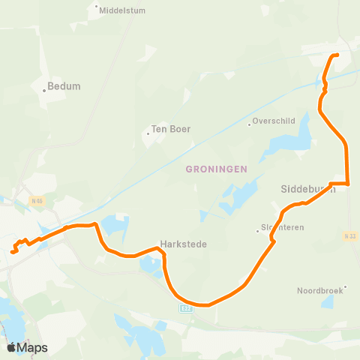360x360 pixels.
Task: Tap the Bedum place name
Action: click(x=64, y=86)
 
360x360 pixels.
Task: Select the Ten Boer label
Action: click(x=171, y=129)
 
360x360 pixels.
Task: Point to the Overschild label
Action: click(x=274, y=121)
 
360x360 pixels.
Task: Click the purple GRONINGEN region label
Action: click(x=216, y=170)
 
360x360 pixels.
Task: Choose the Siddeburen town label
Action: click(x=307, y=189)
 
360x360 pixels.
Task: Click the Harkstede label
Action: click(x=183, y=244)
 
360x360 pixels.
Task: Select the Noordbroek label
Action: click(x=319, y=290)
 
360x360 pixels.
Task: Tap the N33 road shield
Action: click(x=349, y=236)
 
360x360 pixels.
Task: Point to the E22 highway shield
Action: click(x=186, y=307)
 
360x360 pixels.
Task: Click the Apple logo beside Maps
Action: click(x=11, y=347)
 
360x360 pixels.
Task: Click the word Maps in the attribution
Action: click(x=32, y=347)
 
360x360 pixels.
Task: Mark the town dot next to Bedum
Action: click(x=44, y=91)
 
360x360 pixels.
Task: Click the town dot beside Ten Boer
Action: click(x=148, y=134)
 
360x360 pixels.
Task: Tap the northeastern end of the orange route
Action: click(x=337, y=55)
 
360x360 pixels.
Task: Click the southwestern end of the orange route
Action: click(x=13, y=252)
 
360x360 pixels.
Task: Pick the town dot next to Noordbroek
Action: click(x=344, y=286)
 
